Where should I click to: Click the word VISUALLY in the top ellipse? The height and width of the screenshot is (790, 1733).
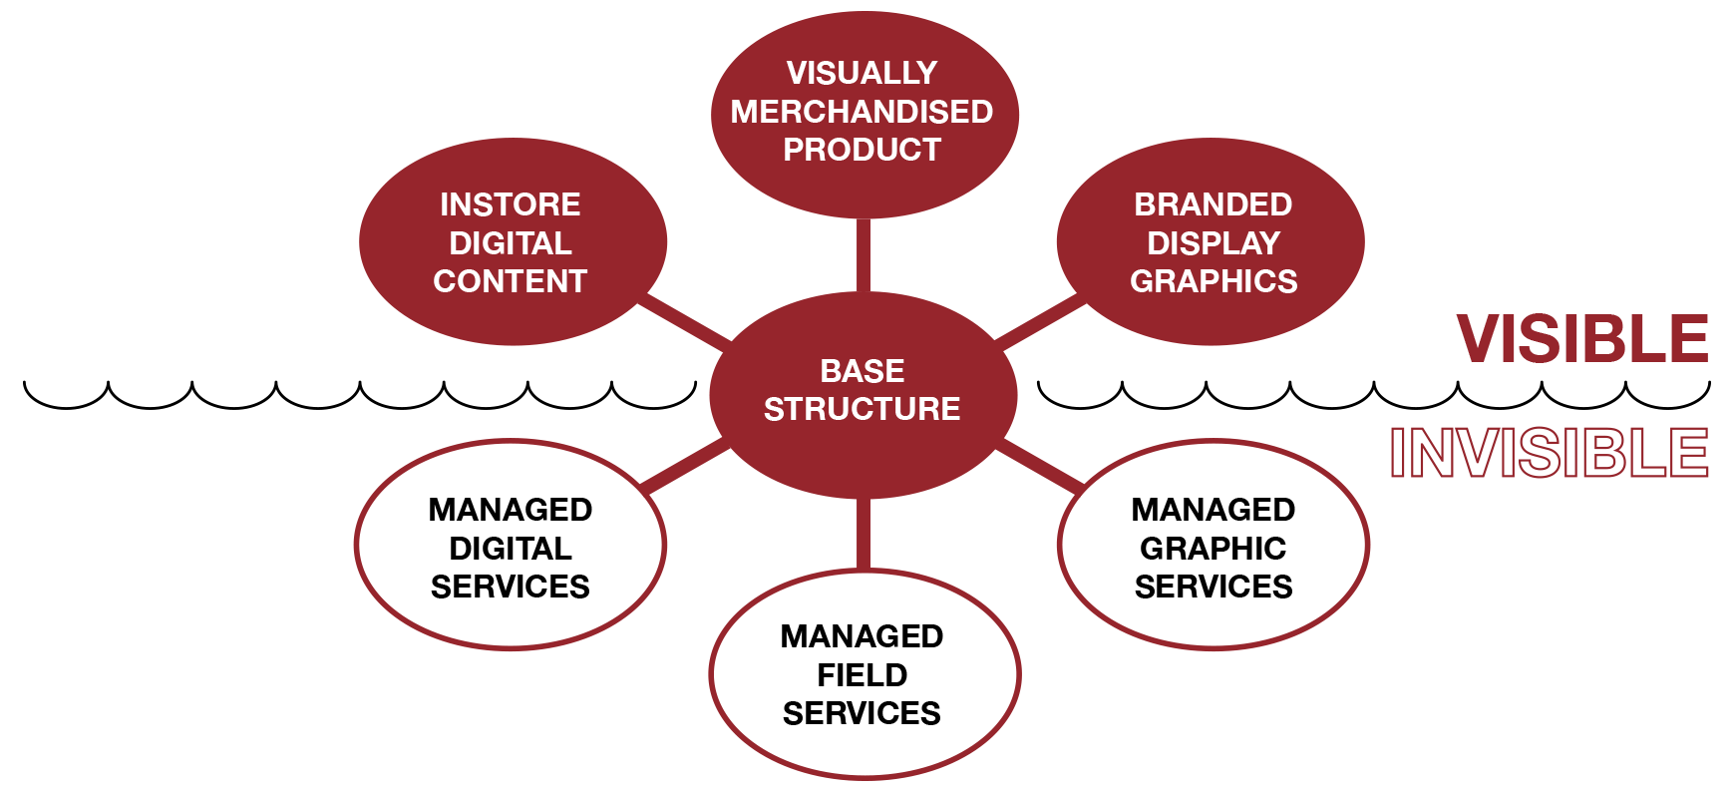tap(862, 73)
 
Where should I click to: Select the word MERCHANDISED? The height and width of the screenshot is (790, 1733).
tap(862, 112)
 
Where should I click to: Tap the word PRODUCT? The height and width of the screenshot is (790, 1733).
tap(862, 150)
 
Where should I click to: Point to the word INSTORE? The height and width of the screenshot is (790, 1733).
tap(510, 204)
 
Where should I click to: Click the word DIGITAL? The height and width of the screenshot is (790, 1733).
tap(510, 243)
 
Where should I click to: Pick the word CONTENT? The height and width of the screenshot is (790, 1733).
tap(510, 281)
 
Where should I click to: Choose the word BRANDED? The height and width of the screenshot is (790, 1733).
tap(1213, 204)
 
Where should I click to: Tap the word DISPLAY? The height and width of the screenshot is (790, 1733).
tap(1213, 243)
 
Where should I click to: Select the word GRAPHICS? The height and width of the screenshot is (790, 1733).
tap(1213, 281)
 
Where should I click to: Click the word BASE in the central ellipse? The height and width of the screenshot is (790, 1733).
tap(862, 371)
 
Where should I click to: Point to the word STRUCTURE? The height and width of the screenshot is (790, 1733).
tap(862, 409)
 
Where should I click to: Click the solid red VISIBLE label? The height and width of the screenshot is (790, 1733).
tap(1581, 339)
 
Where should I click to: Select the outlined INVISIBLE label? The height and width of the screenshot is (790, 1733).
tap(1549, 452)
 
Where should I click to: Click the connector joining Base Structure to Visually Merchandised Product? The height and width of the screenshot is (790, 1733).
tap(863, 255)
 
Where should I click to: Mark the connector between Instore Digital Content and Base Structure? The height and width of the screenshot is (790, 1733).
tap(685, 320)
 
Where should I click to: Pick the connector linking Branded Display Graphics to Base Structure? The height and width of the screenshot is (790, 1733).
tap(1039, 320)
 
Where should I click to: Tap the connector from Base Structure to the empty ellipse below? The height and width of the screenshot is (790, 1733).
tap(863, 534)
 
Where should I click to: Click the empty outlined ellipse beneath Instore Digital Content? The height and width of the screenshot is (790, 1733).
tap(510, 545)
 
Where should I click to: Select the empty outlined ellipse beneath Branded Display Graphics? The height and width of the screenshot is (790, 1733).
tap(1213, 545)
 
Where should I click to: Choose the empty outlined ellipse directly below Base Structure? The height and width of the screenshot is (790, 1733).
tap(865, 674)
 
